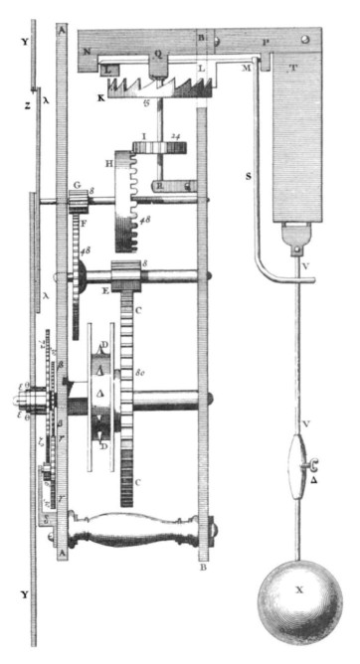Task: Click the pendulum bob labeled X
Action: (299, 607)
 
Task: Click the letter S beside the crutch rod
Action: (250, 177)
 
